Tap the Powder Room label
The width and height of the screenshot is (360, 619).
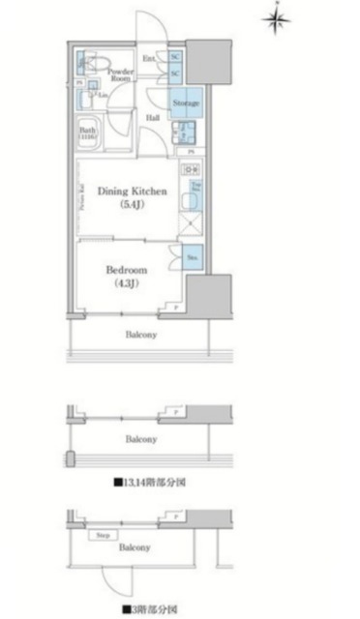point(120,74)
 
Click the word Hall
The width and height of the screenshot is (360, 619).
point(153,117)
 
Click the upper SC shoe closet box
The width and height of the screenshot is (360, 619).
point(175,57)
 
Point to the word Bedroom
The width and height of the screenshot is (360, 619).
point(126,270)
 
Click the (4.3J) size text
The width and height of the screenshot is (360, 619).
point(126,283)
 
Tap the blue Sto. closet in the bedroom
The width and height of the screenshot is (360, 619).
point(194,258)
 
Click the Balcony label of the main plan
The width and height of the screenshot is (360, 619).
point(141,335)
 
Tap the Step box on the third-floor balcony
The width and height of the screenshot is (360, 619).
point(101,533)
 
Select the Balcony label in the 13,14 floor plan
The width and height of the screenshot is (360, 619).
point(141,439)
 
